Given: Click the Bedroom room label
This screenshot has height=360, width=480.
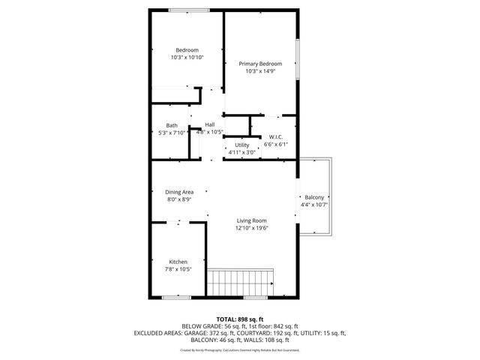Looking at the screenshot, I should coord(187,50).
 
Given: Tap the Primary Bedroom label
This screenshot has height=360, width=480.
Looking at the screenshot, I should coord(260,64).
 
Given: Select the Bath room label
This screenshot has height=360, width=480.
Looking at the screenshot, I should coord(172,125).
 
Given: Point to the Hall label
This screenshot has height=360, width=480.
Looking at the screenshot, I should coord(210,124).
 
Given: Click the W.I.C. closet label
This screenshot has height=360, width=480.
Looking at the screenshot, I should coord(275,137).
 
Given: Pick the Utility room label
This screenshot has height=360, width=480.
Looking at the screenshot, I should coord(241,145).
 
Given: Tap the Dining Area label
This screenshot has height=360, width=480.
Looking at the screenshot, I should coord(179,192).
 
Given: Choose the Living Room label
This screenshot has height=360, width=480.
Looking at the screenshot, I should coord(252,220).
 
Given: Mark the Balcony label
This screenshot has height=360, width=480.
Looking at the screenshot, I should coord(314,196).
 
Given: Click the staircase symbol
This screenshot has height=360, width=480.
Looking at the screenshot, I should coord(238,284).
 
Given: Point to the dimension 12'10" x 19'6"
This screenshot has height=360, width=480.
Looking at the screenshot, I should coord(252,228).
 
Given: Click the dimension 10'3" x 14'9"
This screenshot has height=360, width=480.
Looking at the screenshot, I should coord(260,71).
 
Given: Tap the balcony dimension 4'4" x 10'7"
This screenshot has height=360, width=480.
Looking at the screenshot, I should coord(314,204).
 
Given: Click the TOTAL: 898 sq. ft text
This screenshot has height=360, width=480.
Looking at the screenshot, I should coord(240,319).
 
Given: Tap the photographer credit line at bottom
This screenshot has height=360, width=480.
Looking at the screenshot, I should coord(240,349).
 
